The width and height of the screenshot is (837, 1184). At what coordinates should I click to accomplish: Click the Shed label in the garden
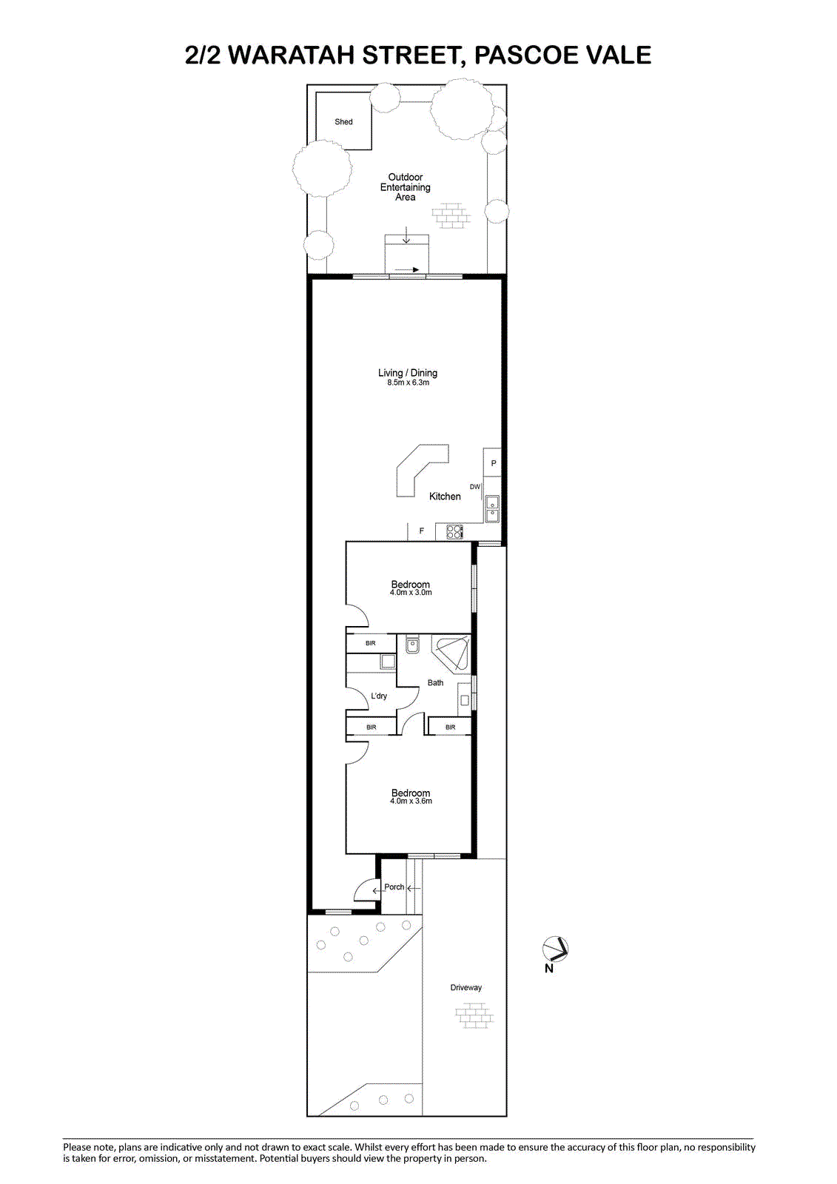click(343, 121)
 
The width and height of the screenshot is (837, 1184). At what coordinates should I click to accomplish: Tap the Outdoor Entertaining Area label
click(405, 187)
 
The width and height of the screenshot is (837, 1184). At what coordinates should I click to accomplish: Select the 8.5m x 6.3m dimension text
click(408, 383)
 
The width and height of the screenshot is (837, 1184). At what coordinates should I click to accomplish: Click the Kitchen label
click(445, 497)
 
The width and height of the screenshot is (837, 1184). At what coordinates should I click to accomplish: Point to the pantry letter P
click(494, 463)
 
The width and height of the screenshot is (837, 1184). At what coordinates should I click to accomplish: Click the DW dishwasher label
click(475, 487)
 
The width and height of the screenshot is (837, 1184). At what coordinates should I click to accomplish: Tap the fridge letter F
click(421, 531)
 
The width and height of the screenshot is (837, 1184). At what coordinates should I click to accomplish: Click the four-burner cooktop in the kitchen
click(454, 532)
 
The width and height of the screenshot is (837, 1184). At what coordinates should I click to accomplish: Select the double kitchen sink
click(492, 508)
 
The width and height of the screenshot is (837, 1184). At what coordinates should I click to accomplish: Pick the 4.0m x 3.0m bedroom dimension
click(411, 593)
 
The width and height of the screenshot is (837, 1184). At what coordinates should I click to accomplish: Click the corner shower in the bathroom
click(451, 654)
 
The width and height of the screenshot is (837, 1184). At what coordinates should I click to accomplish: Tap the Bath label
click(435, 683)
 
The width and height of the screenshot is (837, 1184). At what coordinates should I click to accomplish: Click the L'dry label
click(379, 696)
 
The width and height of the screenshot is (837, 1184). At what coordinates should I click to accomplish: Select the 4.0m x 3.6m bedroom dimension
click(411, 801)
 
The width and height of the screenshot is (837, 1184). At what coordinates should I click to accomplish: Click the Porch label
click(394, 887)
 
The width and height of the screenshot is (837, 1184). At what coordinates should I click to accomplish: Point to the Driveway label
click(465, 987)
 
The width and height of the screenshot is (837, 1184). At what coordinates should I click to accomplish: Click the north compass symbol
click(555, 948)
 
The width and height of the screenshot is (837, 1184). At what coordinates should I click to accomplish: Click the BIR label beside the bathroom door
click(450, 727)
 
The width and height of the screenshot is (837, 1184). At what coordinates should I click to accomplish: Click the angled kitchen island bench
click(417, 468)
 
